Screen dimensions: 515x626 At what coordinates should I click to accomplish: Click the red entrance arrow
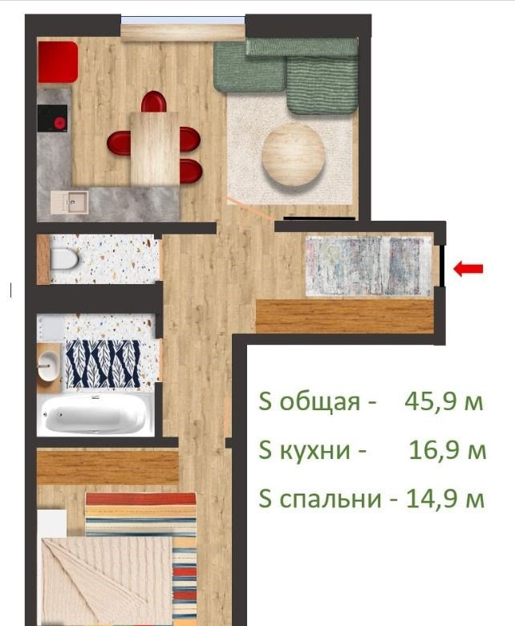pyautogui.click(x=468, y=269)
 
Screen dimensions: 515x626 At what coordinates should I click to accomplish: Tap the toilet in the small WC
pyautogui.click(x=64, y=259)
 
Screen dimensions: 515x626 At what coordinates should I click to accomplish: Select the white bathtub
pyautogui.click(x=94, y=414)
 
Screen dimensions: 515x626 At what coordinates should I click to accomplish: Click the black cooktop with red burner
pyautogui.click(x=53, y=118)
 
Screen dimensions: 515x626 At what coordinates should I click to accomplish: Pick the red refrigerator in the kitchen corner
pyautogui.click(x=59, y=62)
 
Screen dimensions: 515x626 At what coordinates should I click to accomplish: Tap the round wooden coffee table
pyautogui.click(x=294, y=155)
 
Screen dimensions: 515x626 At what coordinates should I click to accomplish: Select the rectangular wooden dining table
pyautogui.click(x=155, y=148)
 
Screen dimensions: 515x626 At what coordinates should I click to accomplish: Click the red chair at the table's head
pyautogui.click(x=154, y=102)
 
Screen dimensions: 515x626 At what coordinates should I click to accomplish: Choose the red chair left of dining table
pyautogui.click(x=119, y=143)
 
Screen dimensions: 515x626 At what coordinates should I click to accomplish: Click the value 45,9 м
pyautogui.click(x=444, y=401)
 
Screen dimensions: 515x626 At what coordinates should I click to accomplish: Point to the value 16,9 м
pyautogui.click(x=448, y=450)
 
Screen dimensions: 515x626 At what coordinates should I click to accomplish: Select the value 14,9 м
pyautogui.click(x=445, y=498)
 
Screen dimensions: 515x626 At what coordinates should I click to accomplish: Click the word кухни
pyautogui.click(x=314, y=451)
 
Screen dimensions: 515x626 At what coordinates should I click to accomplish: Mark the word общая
pyautogui.click(x=319, y=401)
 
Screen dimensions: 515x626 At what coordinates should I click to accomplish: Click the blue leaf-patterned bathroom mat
pyautogui.click(x=103, y=364)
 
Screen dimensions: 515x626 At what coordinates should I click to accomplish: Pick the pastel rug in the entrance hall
pyautogui.click(x=367, y=266)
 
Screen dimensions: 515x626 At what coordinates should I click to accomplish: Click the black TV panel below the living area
pyautogui.click(x=319, y=218)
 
